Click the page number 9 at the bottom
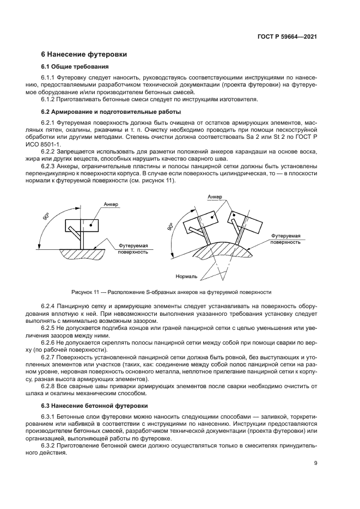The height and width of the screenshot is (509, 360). (315, 464)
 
